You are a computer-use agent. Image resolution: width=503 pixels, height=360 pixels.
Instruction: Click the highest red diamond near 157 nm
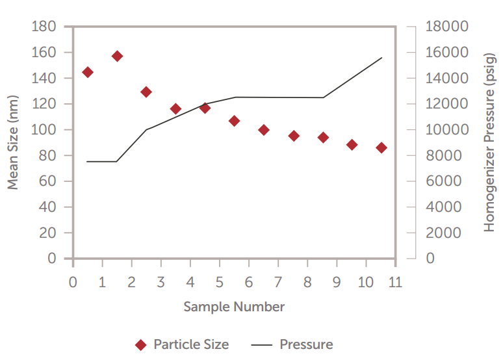tap(117, 56)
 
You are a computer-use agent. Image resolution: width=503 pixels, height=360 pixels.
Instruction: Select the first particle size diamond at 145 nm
tap(88, 72)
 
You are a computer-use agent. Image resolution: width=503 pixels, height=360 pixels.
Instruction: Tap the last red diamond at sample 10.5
tap(381, 148)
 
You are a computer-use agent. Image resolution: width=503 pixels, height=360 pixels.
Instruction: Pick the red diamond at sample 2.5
tap(146, 92)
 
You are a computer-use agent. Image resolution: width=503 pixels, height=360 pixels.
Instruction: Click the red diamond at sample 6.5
tap(264, 130)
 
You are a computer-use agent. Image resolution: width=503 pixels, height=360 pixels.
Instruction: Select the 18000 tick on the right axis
tap(446, 27)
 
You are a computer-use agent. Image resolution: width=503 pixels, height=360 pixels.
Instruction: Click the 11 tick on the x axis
tap(395, 283)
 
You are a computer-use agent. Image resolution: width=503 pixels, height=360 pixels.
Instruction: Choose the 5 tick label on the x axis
tap(220, 283)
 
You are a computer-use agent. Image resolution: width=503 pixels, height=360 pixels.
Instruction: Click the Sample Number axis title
tap(234, 306)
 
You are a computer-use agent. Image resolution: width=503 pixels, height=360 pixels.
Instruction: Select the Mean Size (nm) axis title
tap(12, 142)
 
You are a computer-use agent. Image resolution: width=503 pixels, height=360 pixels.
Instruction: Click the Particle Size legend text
tap(191, 344)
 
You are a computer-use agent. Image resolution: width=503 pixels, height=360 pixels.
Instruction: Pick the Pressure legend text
tap(306, 344)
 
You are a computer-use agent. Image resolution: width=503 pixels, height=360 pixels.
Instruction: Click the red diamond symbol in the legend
tap(141, 344)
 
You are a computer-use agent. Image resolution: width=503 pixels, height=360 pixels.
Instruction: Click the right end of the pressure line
tap(381, 58)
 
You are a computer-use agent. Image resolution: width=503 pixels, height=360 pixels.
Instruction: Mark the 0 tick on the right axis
tap(430, 259)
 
